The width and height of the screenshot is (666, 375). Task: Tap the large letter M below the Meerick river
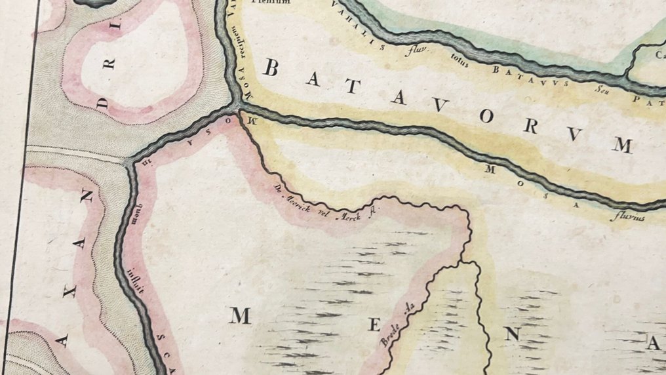(x=240, y=317)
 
